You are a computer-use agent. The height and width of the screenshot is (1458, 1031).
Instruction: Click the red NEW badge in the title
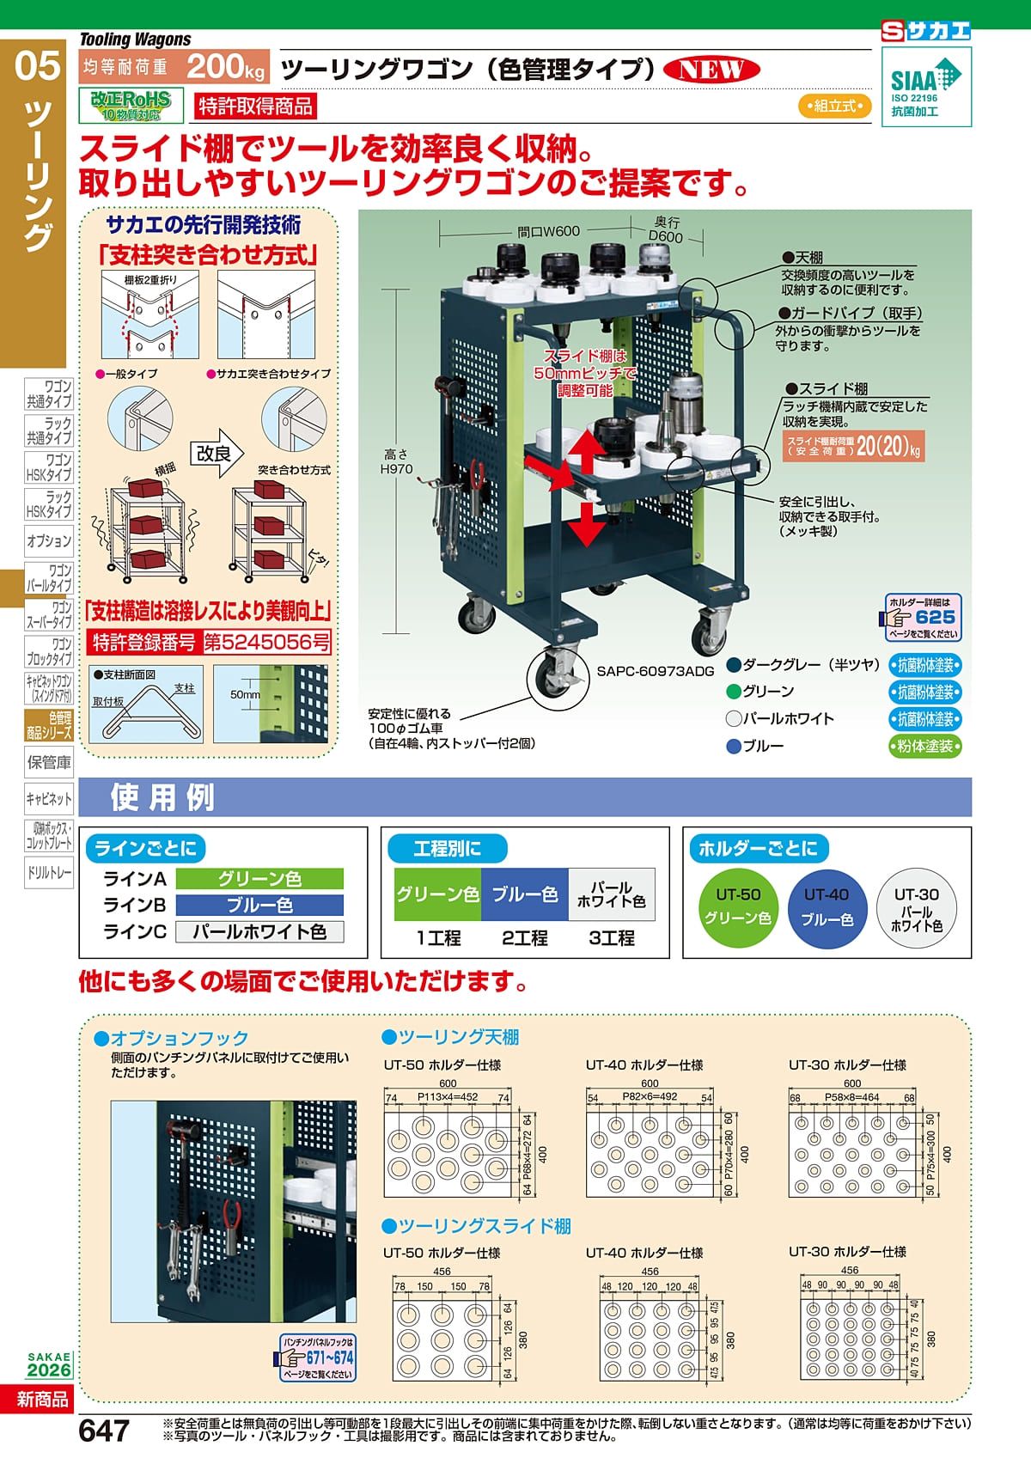[711, 70]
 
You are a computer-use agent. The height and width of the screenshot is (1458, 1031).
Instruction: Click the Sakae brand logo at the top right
[926, 32]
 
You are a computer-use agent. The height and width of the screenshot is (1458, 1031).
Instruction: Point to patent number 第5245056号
[266, 642]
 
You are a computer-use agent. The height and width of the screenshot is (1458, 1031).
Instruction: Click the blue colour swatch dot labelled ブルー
[733, 747]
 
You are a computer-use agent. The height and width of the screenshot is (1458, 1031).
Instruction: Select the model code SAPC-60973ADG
[656, 672]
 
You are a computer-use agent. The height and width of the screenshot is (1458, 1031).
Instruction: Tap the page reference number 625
[935, 617]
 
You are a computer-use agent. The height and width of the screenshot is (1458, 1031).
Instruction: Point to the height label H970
[396, 469]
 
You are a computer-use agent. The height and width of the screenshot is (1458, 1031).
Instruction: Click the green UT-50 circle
[738, 906]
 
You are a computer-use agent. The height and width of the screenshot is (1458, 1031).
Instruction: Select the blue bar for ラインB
[259, 906]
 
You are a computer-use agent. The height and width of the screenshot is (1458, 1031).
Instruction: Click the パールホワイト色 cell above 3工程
[611, 894]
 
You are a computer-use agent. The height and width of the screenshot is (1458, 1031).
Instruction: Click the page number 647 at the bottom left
[104, 1431]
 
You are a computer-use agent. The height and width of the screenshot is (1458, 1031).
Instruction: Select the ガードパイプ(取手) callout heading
[849, 314]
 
